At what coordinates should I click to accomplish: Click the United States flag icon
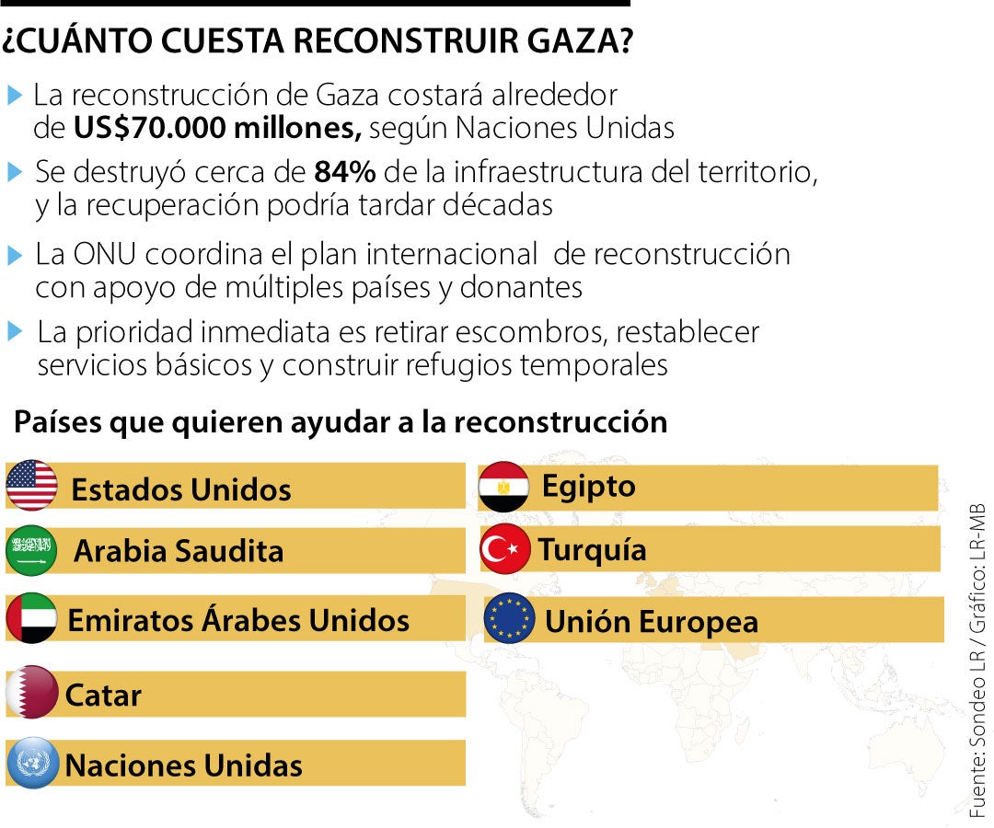[31, 486]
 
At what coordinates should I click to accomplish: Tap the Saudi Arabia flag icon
[31, 550]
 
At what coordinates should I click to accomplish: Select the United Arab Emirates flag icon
[31, 618]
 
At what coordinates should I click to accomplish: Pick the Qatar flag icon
[31, 692]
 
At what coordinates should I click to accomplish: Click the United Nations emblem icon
[31, 764]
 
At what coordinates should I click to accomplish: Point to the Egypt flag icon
[503, 487]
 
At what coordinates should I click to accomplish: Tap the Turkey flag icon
[504, 549]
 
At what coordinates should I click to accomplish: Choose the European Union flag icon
[509, 618]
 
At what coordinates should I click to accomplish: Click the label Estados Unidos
[180, 489]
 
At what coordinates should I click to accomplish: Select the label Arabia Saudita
[179, 551]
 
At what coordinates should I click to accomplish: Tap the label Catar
[103, 696]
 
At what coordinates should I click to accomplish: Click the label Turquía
[592, 550]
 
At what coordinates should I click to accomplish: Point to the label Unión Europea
[652, 622]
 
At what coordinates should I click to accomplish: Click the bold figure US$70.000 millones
[218, 128]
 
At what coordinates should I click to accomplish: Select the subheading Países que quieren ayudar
[340, 422]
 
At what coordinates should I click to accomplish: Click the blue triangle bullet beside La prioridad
[14, 331]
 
